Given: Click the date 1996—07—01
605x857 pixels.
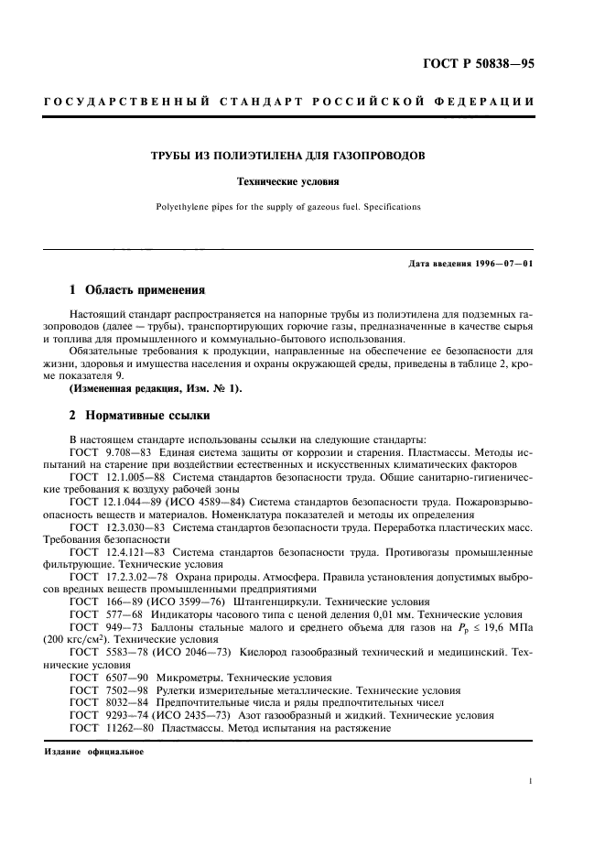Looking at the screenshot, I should pos(509,266).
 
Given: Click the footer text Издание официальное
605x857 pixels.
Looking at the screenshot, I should pos(92,752).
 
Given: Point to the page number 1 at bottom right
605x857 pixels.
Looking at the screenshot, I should pos(531,781).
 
